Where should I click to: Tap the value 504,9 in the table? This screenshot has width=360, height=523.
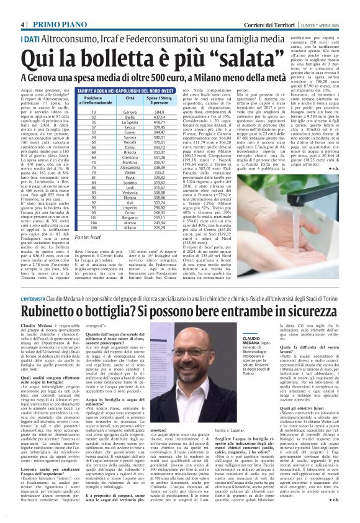click(x=160, y=112)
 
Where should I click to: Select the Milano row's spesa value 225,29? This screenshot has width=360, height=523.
click(x=160, y=228)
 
